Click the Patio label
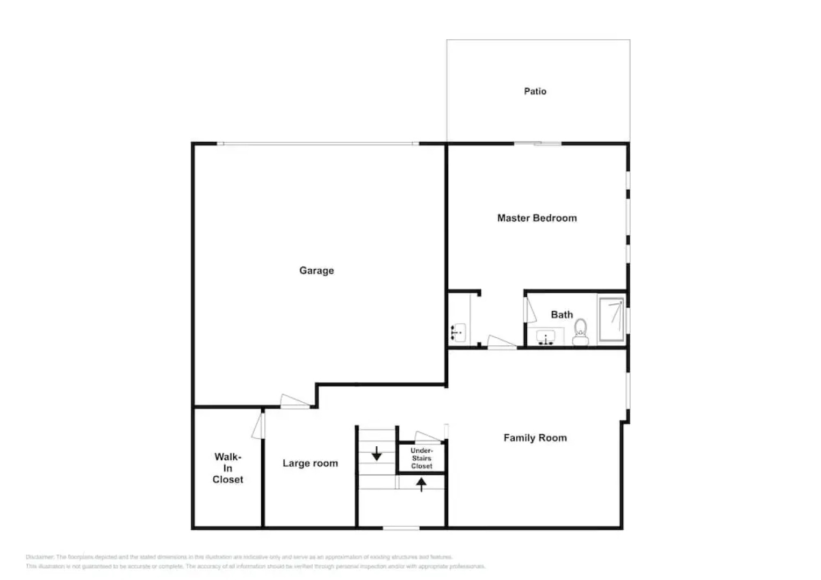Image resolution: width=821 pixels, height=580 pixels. click(535, 91)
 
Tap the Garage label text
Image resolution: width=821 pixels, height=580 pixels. click(316, 271)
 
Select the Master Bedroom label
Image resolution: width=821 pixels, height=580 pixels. click(537, 218)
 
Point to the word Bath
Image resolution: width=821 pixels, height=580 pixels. click(561, 315)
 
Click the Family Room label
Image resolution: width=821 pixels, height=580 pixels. click(535, 438)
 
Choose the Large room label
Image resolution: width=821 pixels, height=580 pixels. click(310, 463)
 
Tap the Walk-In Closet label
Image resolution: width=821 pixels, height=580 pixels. click(228, 468)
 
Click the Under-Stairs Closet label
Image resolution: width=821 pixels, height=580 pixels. click(422, 458)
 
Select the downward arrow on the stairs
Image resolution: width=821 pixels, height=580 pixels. click(377, 453)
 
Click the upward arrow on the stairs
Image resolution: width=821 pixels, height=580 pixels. click(422, 485)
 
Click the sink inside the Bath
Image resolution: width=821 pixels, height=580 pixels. click(546, 337)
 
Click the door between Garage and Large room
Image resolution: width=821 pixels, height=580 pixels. click(294, 401)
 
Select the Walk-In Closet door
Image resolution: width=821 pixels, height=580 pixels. click(258, 425)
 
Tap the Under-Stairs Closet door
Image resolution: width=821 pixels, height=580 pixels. click(428, 437)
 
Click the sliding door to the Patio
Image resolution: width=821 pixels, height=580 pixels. click(538, 143)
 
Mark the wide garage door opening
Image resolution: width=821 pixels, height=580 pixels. click(318, 143)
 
